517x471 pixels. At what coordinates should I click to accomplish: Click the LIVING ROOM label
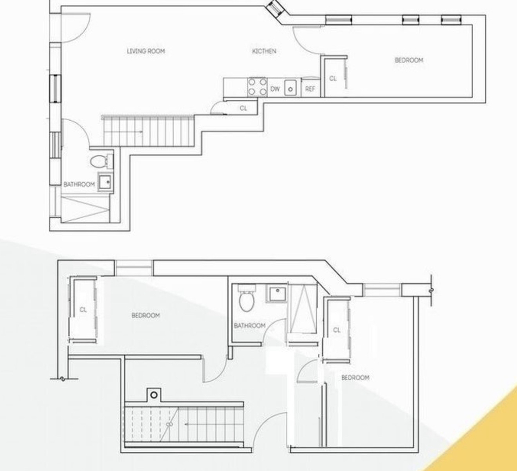pyautogui.click(x=146, y=51)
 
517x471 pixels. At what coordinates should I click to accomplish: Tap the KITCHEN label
pyautogui.click(x=264, y=51)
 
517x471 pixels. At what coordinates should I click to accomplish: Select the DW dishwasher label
pyautogui.click(x=275, y=89)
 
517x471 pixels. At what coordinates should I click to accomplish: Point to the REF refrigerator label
pyautogui.click(x=311, y=89)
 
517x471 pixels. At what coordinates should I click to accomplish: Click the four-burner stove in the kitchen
pyautogui.click(x=257, y=87)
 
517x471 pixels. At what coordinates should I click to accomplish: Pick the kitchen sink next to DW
pyautogui.click(x=290, y=88)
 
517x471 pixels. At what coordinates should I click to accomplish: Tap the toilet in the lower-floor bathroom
pyautogui.click(x=246, y=298)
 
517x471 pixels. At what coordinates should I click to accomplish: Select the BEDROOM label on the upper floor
pyautogui.click(x=409, y=60)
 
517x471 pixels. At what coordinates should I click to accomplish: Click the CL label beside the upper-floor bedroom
pyautogui.click(x=333, y=79)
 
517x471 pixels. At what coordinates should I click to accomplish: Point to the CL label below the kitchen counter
pyautogui.click(x=243, y=109)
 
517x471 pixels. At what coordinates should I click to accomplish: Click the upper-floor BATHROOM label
pyautogui.click(x=79, y=184)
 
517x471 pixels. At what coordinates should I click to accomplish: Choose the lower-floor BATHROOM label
pyautogui.click(x=249, y=326)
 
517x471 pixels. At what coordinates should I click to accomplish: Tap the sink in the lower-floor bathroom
pyautogui.click(x=277, y=294)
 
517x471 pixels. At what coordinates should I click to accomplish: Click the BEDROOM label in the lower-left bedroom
pyautogui.click(x=146, y=316)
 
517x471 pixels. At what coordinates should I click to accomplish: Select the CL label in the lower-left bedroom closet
pyautogui.click(x=83, y=310)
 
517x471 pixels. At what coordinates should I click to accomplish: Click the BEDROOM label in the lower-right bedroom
pyautogui.click(x=355, y=378)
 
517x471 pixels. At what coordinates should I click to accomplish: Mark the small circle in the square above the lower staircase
pyautogui.click(x=153, y=395)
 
